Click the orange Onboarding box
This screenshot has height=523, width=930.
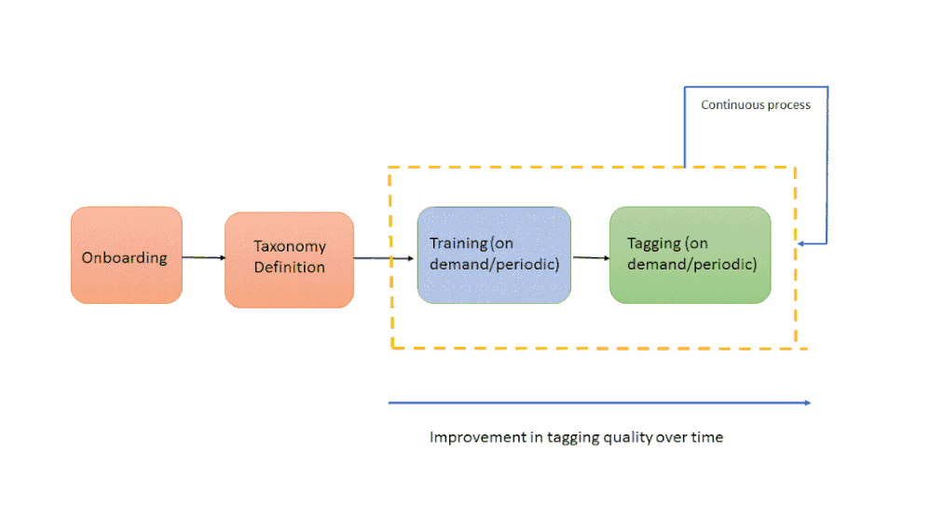[x=127, y=255]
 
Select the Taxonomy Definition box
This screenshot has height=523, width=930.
[x=290, y=259]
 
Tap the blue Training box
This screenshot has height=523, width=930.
[x=494, y=255]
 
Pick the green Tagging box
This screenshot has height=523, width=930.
[x=691, y=255]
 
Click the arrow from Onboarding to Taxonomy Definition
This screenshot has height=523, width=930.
[x=203, y=257]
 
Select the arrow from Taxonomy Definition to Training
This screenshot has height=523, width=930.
[x=384, y=258]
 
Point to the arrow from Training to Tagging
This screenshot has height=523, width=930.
[x=592, y=257]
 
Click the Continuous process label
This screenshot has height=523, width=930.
[x=756, y=105]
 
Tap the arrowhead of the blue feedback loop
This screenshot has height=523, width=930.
[x=800, y=243]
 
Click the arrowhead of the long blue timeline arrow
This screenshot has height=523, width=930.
[x=808, y=403]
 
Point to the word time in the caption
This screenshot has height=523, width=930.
[x=707, y=437]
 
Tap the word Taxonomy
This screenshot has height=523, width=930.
[x=290, y=247]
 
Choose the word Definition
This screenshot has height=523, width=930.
[x=290, y=268]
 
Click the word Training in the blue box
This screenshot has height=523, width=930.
[x=458, y=244]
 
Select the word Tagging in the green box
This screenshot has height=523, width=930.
[x=654, y=244]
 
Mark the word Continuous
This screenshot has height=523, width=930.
[x=732, y=104]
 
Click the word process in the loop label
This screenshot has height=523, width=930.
[x=789, y=105]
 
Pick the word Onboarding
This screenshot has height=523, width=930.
[x=125, y=258]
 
